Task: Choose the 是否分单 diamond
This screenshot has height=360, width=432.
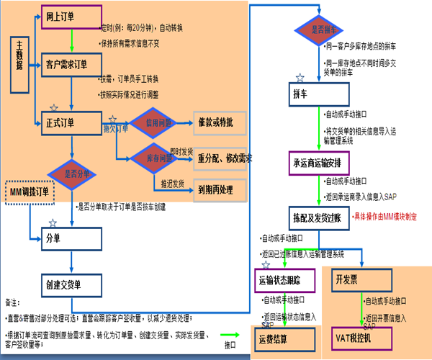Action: [73, 173]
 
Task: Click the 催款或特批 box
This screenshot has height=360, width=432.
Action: [220, 122]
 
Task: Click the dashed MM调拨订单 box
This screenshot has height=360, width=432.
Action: [31, 192]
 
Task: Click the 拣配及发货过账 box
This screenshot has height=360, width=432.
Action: [318, 216]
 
